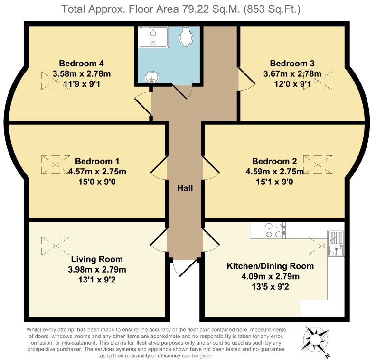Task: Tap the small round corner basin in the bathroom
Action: click(x=151, y=77)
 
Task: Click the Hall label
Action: click(x=185, y=188)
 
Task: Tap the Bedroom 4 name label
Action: click(x=81, y=64)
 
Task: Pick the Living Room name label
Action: click(x=97, y=259)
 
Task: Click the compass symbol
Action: click(x=315, y=340)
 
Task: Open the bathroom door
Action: click(x=183, y=91)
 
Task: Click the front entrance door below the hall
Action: click(x=184, y=268)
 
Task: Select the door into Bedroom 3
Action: click(x=245, y=80)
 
